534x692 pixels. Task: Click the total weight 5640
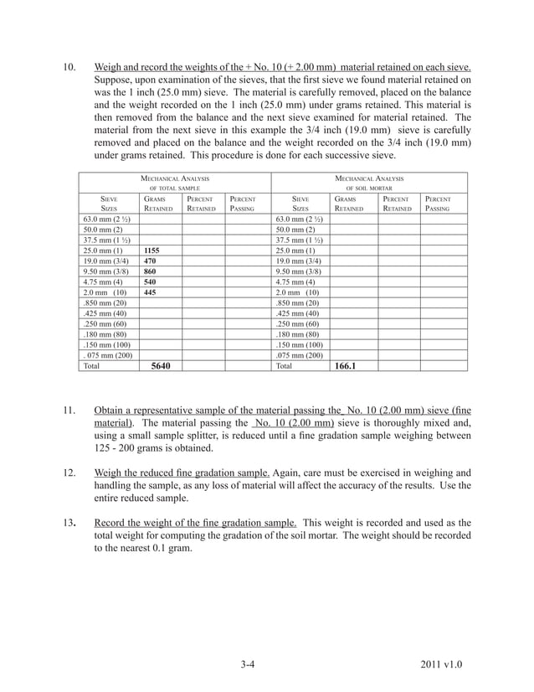tap(162, 366)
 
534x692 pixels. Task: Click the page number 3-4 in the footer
tap(247, 665)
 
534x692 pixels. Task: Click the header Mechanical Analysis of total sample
tap(175, 183)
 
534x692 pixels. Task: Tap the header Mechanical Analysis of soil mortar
tap(369, 183)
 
